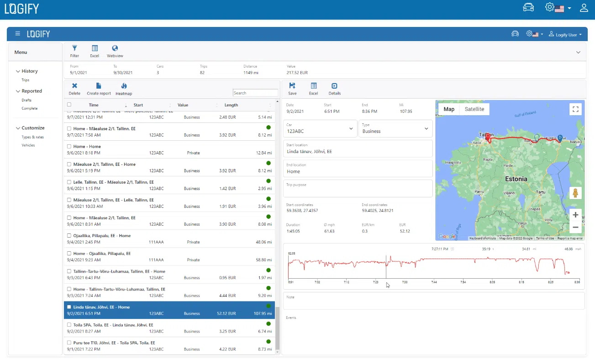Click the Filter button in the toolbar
pyautogui.click(x=74, y=51)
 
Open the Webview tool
pyautogui.click(x=115, y=51)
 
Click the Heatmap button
pyautogui.click(x=124, y=89)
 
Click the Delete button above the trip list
pyautogui.click(x=74, y=89)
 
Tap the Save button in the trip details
pyautogui.click(x=292, y=89)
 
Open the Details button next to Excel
pyautogui.click(x=334, y=89)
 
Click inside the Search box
pyautogui.click(x=255, y=93)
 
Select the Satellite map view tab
pyautogui.click(x=474, y=109)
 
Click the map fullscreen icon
pyautogui.click(x=575, y=109)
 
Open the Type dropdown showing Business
pyautogui.click(x=395, y=129)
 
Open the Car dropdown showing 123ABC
pyautogui.click(x=320, y=129)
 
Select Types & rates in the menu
pyautogui.click(x=32, y=137)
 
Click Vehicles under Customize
pyautogui.click(x=28, y=145)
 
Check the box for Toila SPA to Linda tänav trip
pyautogui.click(x=69, y=325)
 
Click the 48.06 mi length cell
pyautogui.click(x=264, y=242)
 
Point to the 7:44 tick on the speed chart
pyautogui.click(x=434, y=282)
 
